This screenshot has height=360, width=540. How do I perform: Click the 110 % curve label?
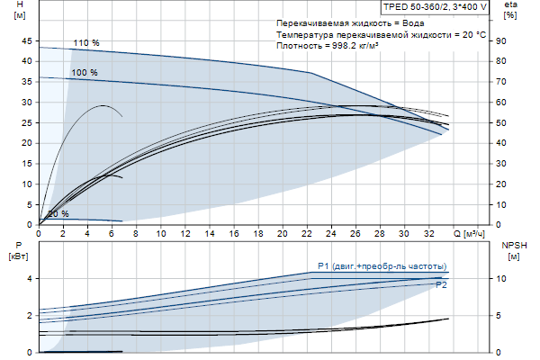click(86, 43)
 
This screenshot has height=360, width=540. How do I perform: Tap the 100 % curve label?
click(85, 72)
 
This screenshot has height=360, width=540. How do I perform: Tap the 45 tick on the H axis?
click(27, 40)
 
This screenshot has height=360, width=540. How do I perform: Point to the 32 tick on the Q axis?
click(427, 234)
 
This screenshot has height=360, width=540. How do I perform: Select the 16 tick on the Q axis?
click(233, 234)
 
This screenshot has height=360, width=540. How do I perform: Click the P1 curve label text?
click(382, 266)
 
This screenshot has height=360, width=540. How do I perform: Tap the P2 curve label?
click(441, 284)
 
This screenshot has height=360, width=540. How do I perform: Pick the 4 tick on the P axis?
click(29, 279)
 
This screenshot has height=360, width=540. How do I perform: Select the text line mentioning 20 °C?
click(382, 34)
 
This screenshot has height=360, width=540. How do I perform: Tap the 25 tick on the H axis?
click(27, 122)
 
